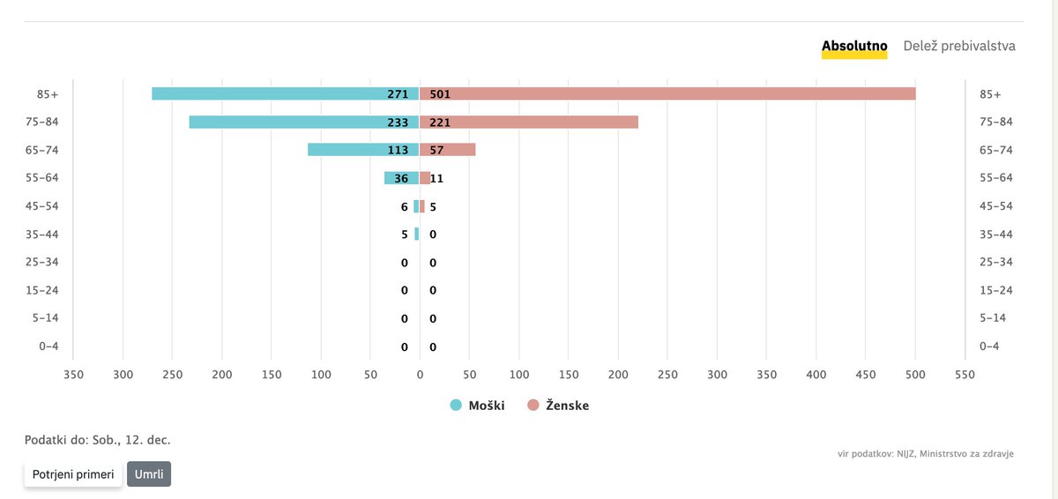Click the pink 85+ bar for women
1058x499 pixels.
[x=667, y=93]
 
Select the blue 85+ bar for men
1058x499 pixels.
[x=286, y=93]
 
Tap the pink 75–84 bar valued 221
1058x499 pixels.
[x=528, y=122]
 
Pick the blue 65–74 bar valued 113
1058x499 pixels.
[x=363, y=150]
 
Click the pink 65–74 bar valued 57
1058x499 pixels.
[x=447, y=150]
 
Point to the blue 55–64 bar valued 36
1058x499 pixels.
[x=401, y=178]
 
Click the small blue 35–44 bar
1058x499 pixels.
[x=416, y=234]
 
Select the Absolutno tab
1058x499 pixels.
[x=854, y=46]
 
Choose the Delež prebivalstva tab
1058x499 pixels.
[x=959, y=46]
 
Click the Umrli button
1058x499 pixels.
[x=149, y=474]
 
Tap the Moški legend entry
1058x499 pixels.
[x=478, y=405]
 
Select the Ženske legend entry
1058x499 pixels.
[x=558, y=405]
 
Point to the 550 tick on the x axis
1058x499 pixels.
[x=965, y=375]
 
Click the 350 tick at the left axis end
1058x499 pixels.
[x=73, y=375]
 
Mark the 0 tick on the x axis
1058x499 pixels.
[x=420, y=375]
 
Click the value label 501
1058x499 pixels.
[x=440, y=94]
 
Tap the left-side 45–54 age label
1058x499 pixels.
[x=42, y=205]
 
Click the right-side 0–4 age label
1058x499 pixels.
[x=989, y=346]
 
